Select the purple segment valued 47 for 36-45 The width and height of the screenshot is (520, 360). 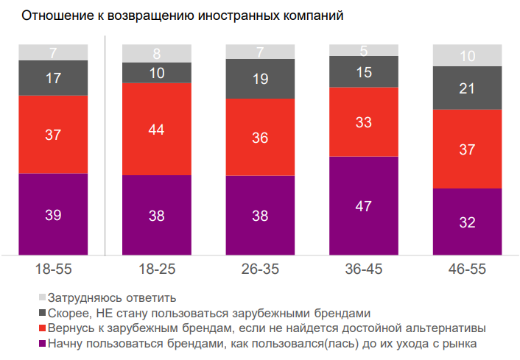click(364, 206)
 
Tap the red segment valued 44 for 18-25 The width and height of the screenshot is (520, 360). click(156, 129)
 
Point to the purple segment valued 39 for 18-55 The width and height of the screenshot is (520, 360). click(53, 214)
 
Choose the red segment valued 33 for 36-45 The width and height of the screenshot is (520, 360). click(364, 121)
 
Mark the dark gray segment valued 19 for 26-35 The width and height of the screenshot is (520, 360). click(260, 78)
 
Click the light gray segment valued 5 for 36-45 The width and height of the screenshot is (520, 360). click(364, 50)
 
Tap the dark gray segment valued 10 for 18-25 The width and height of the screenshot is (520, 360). click(156, 73)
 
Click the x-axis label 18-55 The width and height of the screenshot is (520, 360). click(53, 269)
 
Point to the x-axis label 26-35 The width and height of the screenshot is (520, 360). click(260, 269)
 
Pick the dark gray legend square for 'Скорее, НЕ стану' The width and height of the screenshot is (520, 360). click(41, 313)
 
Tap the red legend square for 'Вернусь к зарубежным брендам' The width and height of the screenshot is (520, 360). click(41, 328)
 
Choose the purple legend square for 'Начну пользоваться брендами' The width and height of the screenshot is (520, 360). click(41, 342)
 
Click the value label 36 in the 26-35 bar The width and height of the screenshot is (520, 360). click(260, 138)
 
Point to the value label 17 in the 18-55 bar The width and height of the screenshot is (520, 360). click(53, 77)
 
